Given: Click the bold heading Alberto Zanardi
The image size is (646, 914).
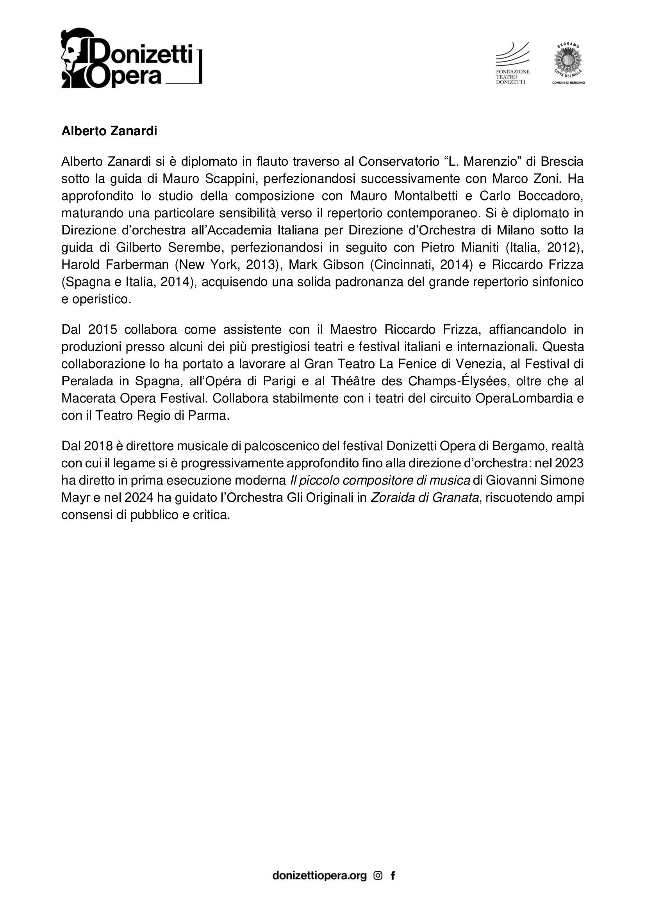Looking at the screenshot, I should pyautogui.click(x=109, y=131).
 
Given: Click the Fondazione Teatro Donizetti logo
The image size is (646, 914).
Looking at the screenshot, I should pyautogui.click(x=512, y=63).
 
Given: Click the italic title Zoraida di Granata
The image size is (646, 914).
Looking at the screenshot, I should pyautogui.click(x=425, y=498).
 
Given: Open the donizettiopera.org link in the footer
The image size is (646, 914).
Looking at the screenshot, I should pyautogui.click(x=319, y=875).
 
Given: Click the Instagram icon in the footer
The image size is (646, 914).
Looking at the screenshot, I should pyautogui.click(x=378, y=875).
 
